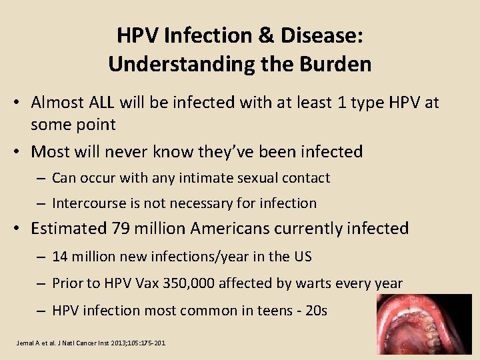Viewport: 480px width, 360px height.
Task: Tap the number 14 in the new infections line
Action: click(59, 257)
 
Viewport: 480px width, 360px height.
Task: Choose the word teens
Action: click(263, 311)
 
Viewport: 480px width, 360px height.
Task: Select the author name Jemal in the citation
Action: click(25, 343)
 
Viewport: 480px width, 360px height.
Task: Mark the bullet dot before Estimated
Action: click(20, 229)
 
